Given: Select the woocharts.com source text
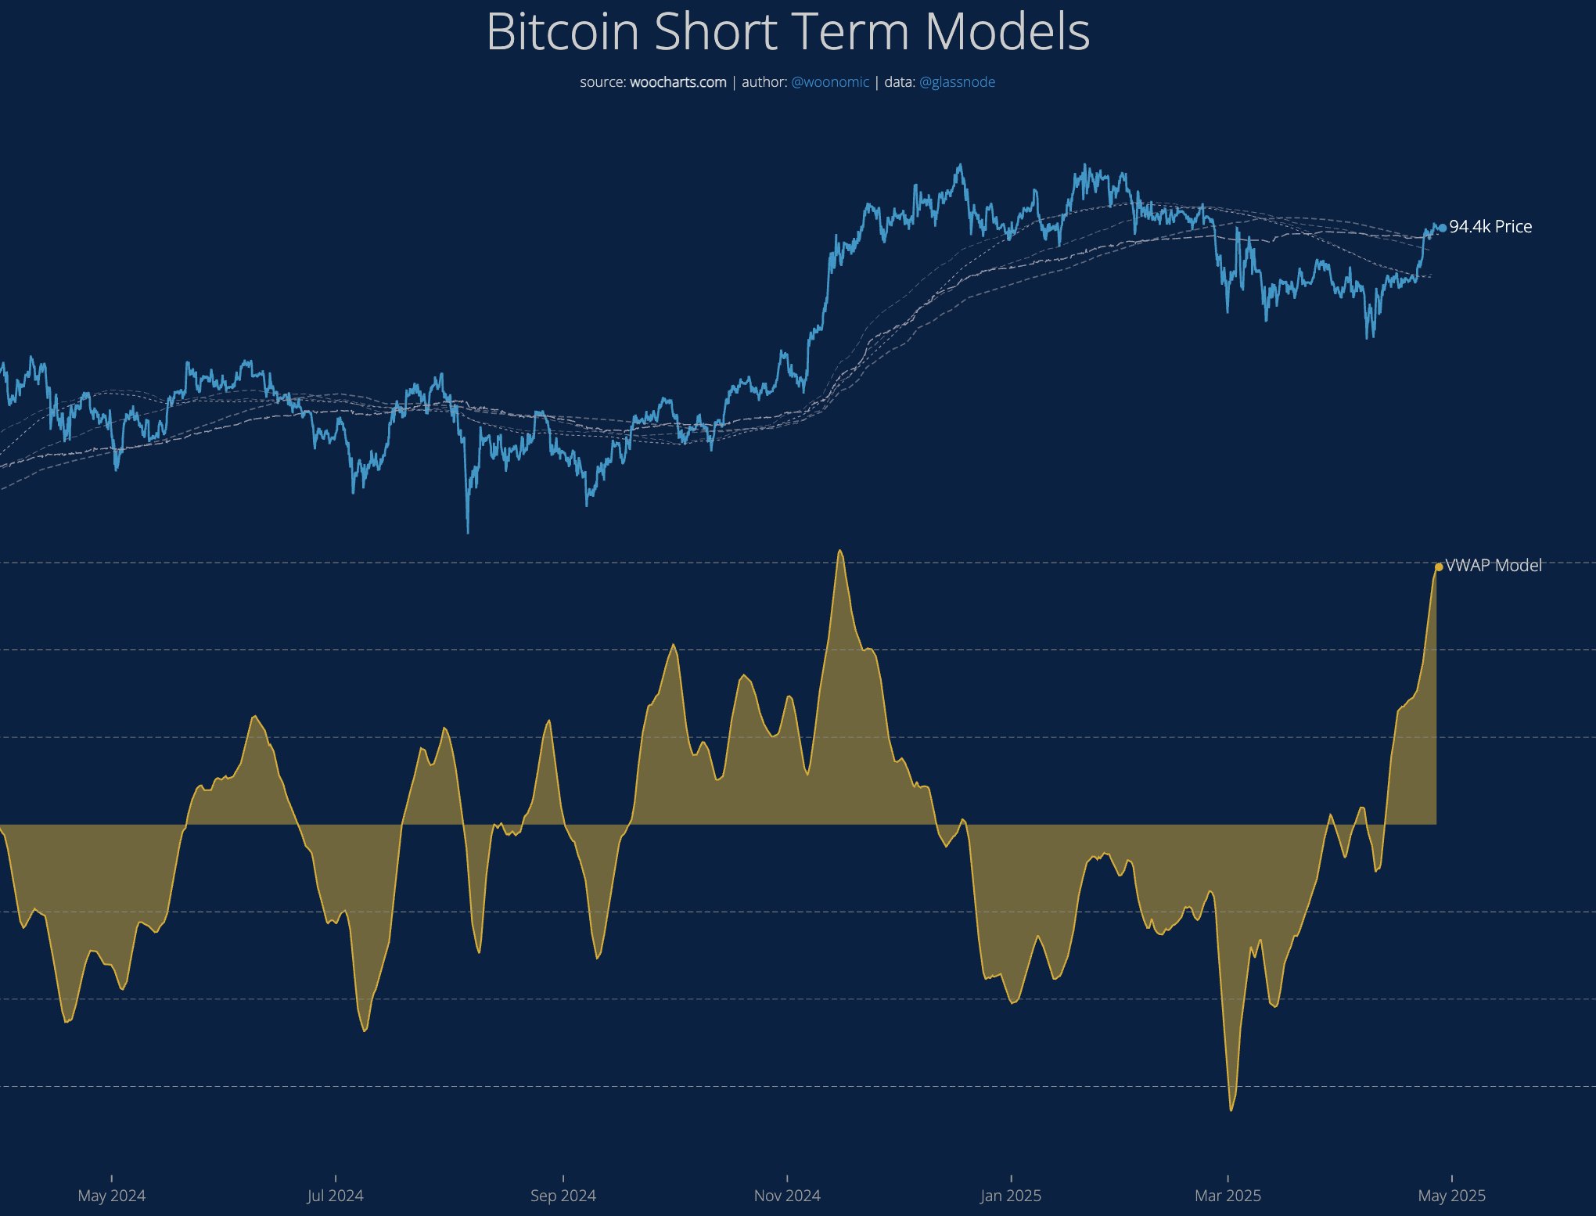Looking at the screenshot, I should [x=678, y=82].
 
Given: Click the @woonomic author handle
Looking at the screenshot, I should [x=829, y=82].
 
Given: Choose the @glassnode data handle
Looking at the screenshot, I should [x=957, y=82].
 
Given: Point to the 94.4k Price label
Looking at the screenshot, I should [x=1490, y=227].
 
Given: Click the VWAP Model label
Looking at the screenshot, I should [x=1493, y=566].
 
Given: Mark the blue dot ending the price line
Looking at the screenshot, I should [x=1443, y=228].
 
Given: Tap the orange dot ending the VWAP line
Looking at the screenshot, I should [x=1439, y=567].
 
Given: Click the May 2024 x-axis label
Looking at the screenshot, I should [x=111, y=1196].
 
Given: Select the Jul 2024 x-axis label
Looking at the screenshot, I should [x=335, y=1196].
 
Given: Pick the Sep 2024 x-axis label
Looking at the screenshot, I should [x=563, y=1196].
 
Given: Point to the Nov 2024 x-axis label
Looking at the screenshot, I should [x=787, y=1196].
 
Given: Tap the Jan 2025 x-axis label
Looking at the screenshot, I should [x=1011, y=1196].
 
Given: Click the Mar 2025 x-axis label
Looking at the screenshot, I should [x=1228, y=1196].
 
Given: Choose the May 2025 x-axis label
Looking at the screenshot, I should [x=1451, y=1196].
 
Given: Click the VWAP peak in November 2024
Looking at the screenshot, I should [x=840, y=551].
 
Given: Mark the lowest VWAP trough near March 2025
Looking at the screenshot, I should [x=1231, y=1109].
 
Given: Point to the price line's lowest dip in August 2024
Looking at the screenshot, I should [x=468, y=531].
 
